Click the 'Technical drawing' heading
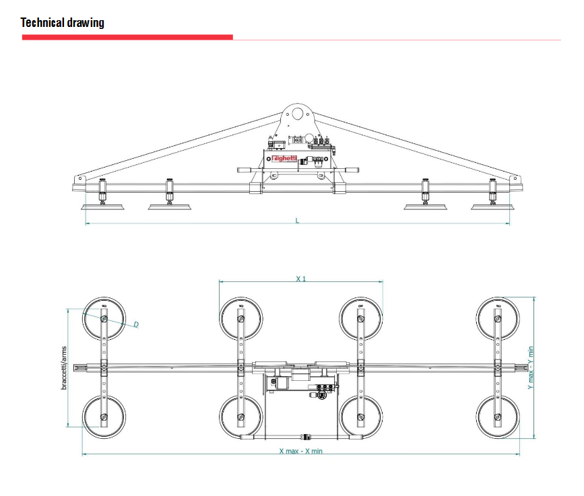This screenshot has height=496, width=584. pyautogui.click(x=63, y=23)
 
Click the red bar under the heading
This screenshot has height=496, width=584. pyautogui.click(x=127, y=37)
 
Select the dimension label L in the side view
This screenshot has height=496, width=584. pyautogui.click(x=297, y=219)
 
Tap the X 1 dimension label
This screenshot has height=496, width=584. pyautogui.click(x=300, y=278)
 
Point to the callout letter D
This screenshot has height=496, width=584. pyautogui.click(x=135, y=324)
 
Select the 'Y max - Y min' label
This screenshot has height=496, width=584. pyautogui.click(x=530, y=368)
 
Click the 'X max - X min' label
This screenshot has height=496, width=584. pyautogui.click(x=300, y=450)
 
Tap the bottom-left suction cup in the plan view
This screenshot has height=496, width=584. pyautogui.click(x=104, y=417)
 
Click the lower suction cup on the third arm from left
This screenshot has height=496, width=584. pyautogui.click(x=361, y=417)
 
